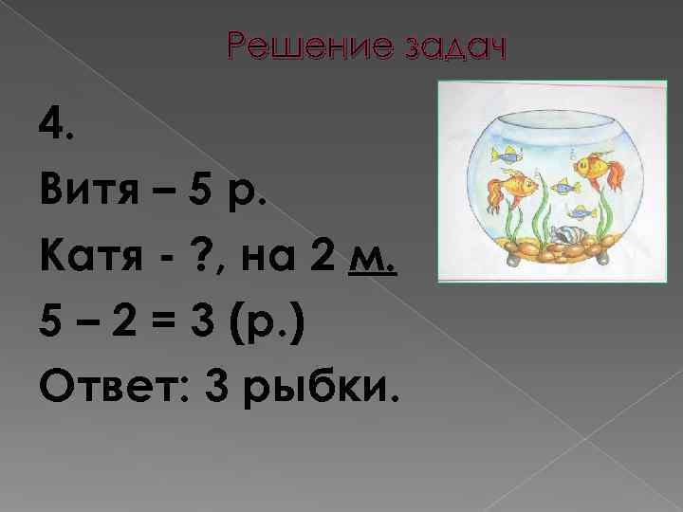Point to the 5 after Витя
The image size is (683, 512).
pos(200,196)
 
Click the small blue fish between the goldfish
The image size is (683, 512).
pos(564,186)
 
